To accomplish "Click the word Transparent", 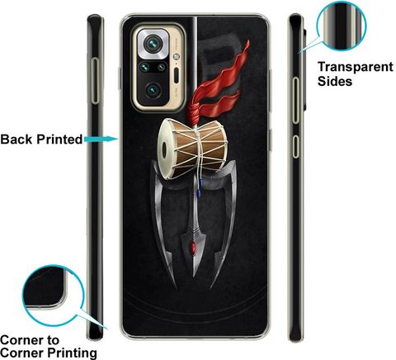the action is point(356,67).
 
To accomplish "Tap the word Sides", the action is point(335,81).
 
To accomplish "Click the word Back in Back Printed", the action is point(16,140).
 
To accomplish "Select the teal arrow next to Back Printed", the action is point(101,140).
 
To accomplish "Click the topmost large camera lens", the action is point(153,43).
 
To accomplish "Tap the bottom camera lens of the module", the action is point(153,90).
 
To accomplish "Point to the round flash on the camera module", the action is point(177,57).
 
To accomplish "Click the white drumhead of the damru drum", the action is point(166,149).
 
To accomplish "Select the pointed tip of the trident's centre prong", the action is point(194,276).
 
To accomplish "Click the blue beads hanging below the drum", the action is point(200,187).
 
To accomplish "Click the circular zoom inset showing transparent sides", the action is point(342,26).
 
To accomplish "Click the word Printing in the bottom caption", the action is point(72,353).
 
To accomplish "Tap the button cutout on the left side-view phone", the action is point(95,81).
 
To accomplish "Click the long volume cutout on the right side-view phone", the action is point(295,100).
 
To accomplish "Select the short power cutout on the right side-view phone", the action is point(295,146).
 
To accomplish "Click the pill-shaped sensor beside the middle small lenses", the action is point(177,74).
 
